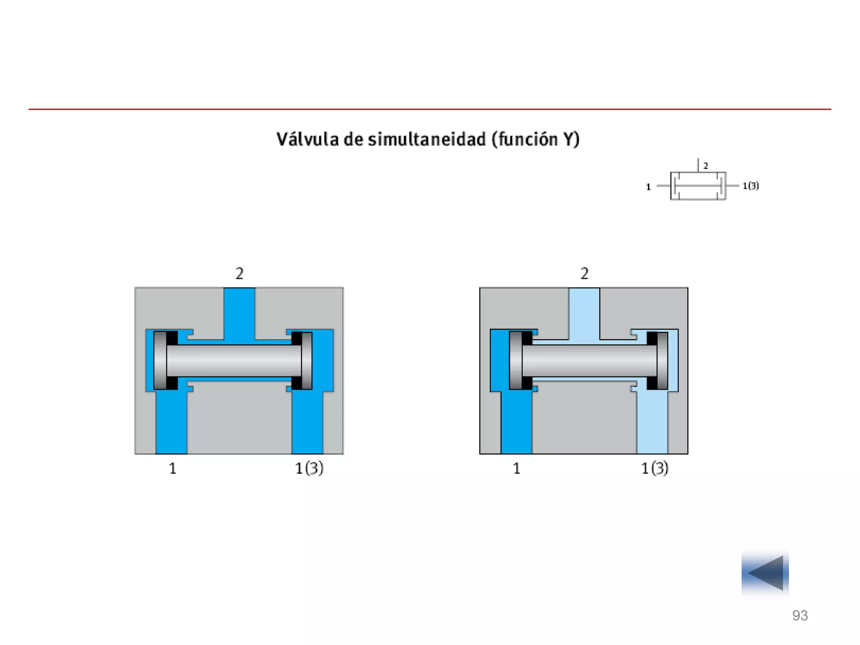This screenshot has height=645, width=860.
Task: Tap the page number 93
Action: point(800,615)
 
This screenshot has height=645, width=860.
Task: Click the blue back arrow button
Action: point(765,573)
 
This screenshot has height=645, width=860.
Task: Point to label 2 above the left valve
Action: point(239,273)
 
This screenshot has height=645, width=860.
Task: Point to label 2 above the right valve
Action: point(584,273)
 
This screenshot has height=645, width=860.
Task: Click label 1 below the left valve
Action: point(173,468)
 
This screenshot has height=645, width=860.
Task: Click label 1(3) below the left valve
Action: point(309,468)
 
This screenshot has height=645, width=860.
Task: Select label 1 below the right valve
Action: point(517,468)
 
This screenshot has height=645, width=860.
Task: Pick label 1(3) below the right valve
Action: point(655,468)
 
